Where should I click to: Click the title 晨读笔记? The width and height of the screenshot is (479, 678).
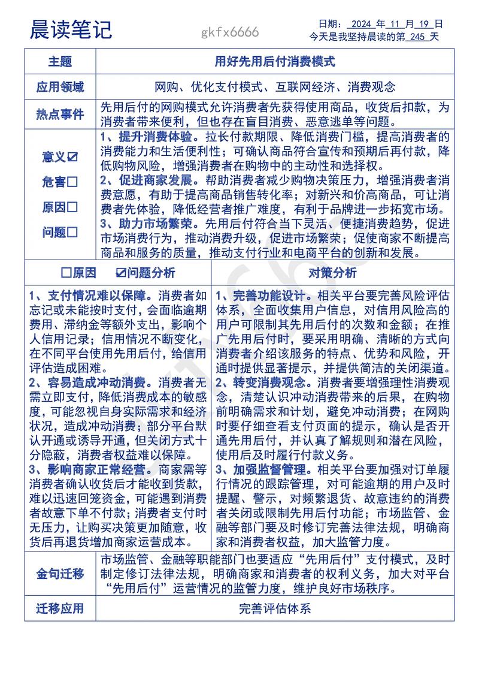click(x=71, y=29)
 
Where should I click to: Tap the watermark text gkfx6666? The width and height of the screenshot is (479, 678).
click(x=231, y=32)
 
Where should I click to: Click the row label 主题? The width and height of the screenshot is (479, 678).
click(x=60, y=62)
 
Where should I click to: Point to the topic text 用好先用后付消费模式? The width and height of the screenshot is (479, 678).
click(x=275, y=62)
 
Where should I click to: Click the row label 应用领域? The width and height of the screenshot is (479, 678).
click(x=60, y=87)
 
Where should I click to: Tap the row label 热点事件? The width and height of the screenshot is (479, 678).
click(x=60, y=114)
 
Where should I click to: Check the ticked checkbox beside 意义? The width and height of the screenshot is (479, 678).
click(x=72, y=157)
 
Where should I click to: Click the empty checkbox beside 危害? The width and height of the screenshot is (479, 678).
click(x=72, y=182)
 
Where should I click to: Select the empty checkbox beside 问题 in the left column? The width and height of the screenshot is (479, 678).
click(x=72, y=233)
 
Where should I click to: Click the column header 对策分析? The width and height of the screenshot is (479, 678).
click(x=332, y=273)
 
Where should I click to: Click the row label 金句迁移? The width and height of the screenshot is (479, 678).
click(x=60, y=573)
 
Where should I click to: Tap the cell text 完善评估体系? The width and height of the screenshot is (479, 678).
click(x=275, y=609)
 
